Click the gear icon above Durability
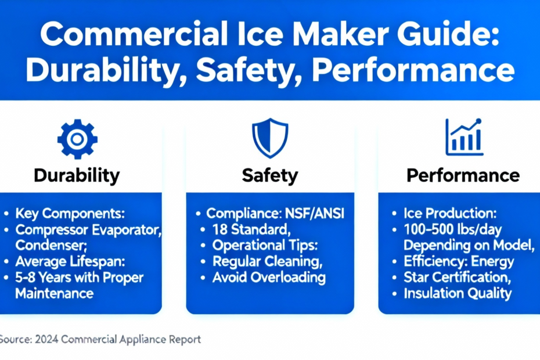[x=77, y=139]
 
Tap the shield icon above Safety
[x=270, y=138]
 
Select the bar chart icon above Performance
[x=464, y=137]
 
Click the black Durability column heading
[x=77, y=176]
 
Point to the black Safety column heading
[x=270, y=176]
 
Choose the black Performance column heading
[x=463, y=175]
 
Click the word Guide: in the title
[x=448, y=34]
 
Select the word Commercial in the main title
[x=134, y=34]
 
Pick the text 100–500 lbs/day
[x=452, y=229]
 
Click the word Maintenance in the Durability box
[x=55, y=293]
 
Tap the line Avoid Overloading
[x=269, y=278]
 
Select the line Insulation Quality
[x=458, y=293]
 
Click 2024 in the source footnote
[x=47, y=339]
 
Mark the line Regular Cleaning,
[x=268, y=261]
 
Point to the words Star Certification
[x=456, y=278]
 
